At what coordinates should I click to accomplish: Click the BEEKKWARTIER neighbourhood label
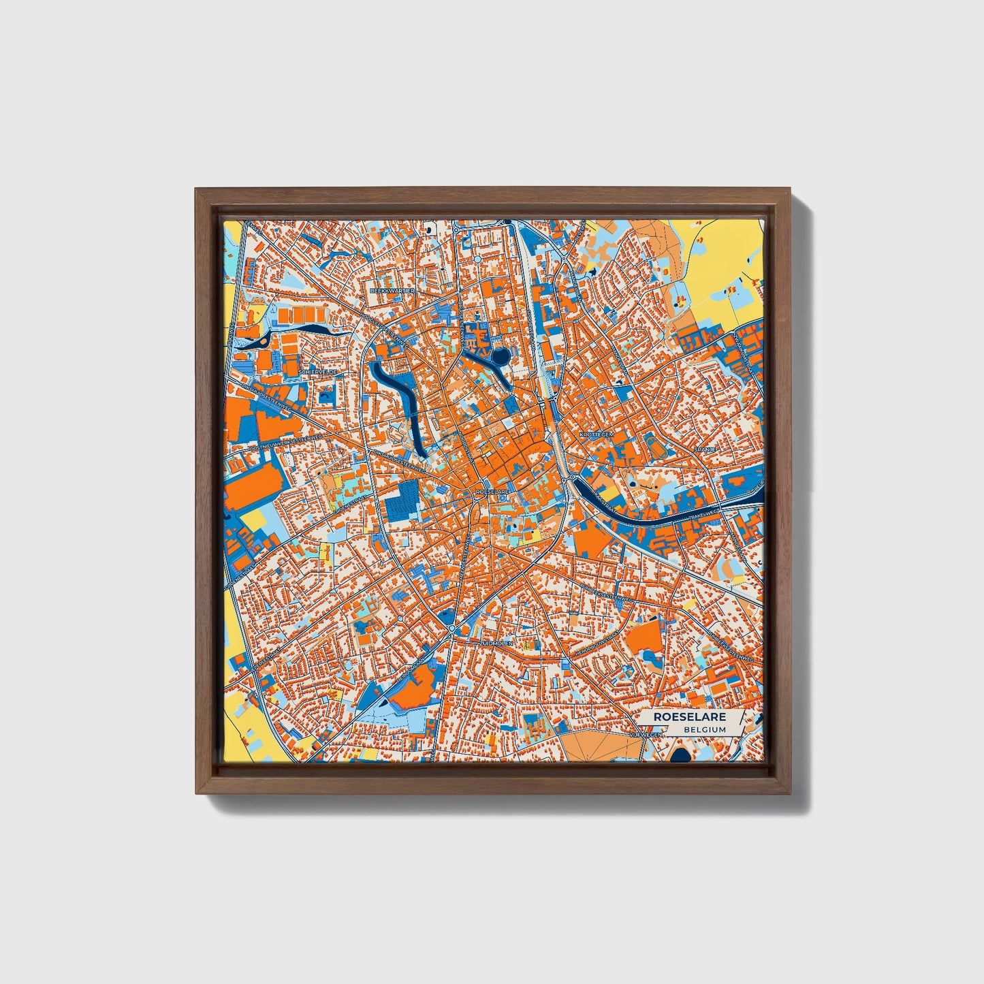(x=391, y=290)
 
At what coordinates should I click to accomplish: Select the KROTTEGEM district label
(x=597, y=433)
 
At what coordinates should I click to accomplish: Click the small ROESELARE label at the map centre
(x=492, y=491)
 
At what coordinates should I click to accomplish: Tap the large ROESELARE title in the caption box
(x=689, y=717)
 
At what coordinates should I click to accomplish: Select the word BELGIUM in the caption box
(x=705, y=729)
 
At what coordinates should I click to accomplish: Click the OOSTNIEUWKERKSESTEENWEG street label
(x=285, y=441)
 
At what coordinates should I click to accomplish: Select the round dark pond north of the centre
(x=501, y=355)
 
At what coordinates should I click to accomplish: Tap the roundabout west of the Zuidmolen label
(x=451, y=627)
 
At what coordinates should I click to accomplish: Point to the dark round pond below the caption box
(x=680, y=755)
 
